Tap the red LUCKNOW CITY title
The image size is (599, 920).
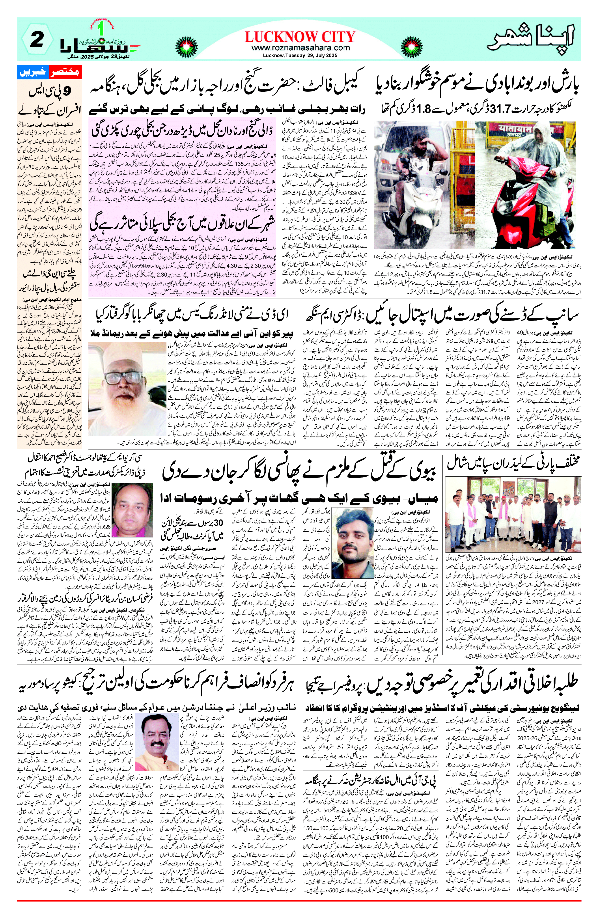[300, 37]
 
